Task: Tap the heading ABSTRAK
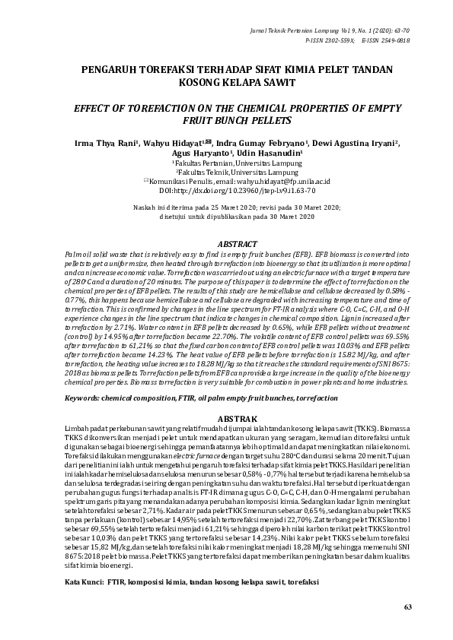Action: pos(227,419)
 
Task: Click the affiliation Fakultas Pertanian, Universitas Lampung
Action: pos(226,163)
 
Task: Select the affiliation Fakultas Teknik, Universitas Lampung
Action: pos(226,173)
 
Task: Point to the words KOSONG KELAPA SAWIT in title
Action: pos(227,82)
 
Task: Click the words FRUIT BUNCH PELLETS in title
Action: pos(227,120)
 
